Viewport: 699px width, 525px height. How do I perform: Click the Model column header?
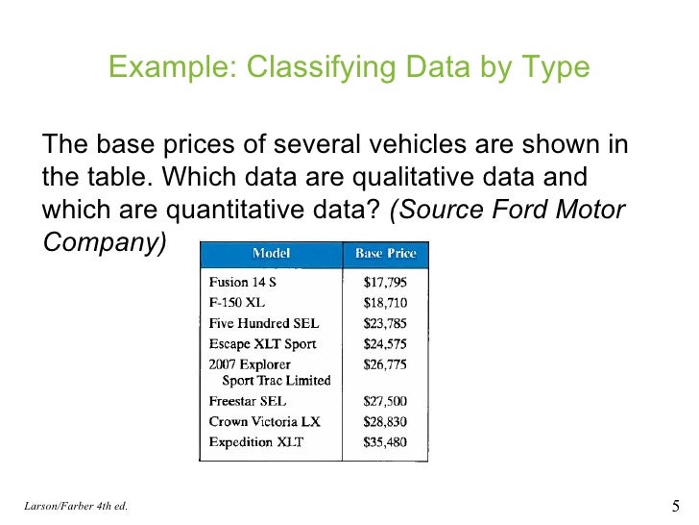(x=272, y=254)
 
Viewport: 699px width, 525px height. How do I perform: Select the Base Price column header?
(x=385, y=254)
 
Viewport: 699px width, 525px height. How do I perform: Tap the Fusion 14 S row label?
(x=244, y=283)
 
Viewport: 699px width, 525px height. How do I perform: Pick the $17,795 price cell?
(x=385, y=283)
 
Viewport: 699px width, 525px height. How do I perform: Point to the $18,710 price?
(x=385, y=303)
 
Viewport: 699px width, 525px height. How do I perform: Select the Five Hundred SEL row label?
(x=264, y=323)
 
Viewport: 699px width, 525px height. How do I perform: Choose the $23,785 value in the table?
(x=385, y=323)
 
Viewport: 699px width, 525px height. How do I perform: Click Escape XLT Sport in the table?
(x=262, y=343)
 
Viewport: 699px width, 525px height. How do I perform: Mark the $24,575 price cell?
(x=385, y=343)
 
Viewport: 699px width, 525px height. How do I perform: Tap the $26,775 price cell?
(x=385, y=364)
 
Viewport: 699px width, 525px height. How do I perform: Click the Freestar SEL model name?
(x=248, y=401)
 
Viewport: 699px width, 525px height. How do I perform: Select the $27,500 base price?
(x=385, y=401)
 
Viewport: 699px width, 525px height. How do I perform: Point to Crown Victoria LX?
(x=264, y=421)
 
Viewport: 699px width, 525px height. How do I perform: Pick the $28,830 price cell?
(x=385, y=421)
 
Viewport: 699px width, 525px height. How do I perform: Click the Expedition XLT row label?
(x=256, y=441)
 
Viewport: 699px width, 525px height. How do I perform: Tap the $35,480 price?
(x=385, y=441)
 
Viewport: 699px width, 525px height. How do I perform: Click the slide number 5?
(x=672, y=506)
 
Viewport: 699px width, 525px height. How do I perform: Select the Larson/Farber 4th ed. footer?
(x=75, y=507)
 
